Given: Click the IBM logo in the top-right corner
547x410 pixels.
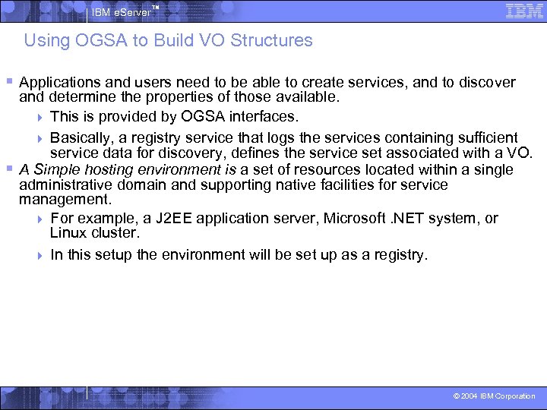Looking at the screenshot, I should click(523, 11).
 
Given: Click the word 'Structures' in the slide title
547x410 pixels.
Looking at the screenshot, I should click(274, 40).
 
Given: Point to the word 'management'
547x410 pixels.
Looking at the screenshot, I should click(65, 200).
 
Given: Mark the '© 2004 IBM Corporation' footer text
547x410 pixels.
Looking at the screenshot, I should click(494, 396).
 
